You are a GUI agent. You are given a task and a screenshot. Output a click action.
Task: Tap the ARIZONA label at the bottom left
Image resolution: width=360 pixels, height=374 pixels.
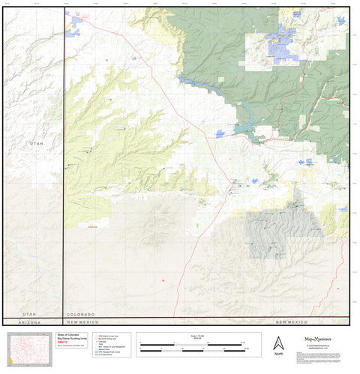pos(30,322)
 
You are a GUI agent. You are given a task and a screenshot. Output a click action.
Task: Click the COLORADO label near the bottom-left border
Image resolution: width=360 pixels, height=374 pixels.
pos(79,314)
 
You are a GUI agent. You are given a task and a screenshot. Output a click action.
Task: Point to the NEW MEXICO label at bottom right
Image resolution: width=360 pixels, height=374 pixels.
pos(292,322)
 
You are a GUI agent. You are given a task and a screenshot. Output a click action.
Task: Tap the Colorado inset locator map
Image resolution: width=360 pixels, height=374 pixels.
pos(29,348)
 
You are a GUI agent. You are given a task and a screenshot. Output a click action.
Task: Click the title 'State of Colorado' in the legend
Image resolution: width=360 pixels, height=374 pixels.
pos(68,335)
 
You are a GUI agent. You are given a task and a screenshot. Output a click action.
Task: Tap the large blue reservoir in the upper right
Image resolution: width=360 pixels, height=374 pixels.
pos(284,37)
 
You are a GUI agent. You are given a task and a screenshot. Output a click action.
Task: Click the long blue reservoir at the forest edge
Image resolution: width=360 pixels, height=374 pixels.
pos(244,129)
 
